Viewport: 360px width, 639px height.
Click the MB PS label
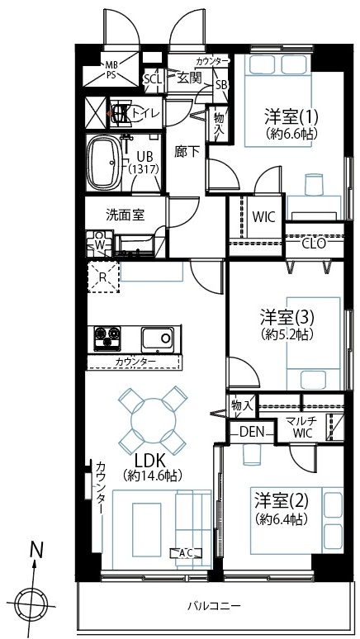[111, 69]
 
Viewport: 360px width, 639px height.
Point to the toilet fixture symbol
[120, 113]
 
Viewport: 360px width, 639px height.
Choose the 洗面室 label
[126, 215]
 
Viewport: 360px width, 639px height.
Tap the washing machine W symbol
[99, 244]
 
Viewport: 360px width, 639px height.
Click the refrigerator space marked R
[103, 277]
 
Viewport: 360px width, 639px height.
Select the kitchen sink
[157, 338]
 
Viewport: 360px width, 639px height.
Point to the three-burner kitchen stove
[107, 338]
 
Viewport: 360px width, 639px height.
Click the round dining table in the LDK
[153, 418]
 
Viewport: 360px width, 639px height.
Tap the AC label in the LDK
[186, 552]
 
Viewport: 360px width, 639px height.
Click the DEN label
[252, 431]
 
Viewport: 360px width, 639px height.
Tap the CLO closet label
[313, 244]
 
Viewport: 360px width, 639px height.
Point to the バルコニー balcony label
[214, 606]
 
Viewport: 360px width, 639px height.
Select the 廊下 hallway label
[187, 152]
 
